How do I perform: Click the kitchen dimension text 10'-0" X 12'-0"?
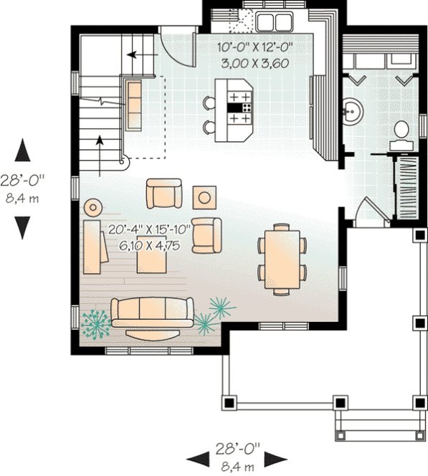255,49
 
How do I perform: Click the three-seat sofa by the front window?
152,313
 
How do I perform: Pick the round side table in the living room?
92,207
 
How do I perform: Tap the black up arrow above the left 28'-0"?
23,153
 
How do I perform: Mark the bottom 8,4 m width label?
237,467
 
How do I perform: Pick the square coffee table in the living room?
152,259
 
